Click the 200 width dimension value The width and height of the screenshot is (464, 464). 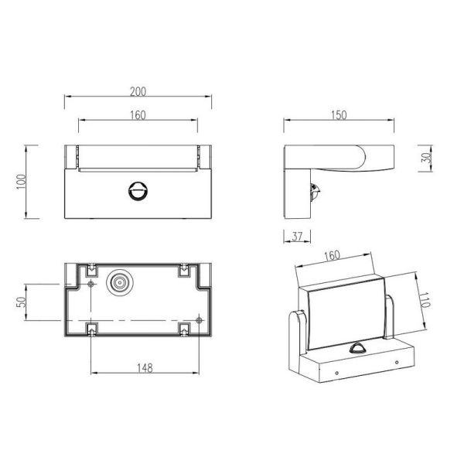tap(138, 91)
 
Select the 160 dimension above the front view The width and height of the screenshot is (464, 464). tap(138, 115)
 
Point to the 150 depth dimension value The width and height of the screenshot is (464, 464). tap(338, 115)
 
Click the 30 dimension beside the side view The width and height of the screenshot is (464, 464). tap(427, 158)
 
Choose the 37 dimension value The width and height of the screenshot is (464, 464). tap(298, 237)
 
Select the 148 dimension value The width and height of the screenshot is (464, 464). tap(142, 368)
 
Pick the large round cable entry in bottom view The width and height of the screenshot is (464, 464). tap(121, 284)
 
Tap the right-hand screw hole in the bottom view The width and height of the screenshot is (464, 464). tap(200, 319)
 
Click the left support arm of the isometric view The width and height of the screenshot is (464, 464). tap(298, 333)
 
